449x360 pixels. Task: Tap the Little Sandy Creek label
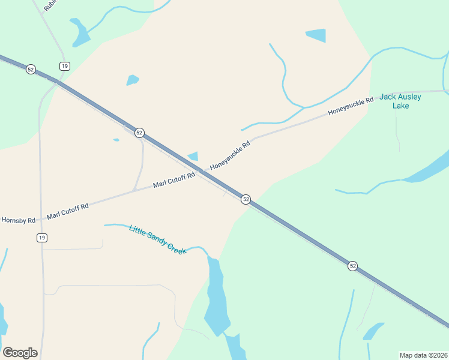[x=158, y=239]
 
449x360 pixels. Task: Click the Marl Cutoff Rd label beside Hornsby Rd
[x=67, y=210]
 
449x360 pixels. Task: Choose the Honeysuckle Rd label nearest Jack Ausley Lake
[x=351, y=106]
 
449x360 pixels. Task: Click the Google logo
[x=20, y=353]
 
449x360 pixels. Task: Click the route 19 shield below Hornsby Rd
[x=41, y=238]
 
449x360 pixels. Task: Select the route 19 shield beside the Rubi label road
[x=64, y=66]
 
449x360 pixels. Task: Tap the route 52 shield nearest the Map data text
[x=352, y=265]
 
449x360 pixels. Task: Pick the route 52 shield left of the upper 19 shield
[x=31, y=70]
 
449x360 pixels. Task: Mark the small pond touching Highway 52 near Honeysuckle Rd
[x=193, y=157]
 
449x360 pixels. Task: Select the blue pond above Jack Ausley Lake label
[x=316, y=35]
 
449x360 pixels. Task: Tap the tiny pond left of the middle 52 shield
[x=116, y=140]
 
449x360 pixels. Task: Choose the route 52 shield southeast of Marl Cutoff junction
[x=246, y=199]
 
